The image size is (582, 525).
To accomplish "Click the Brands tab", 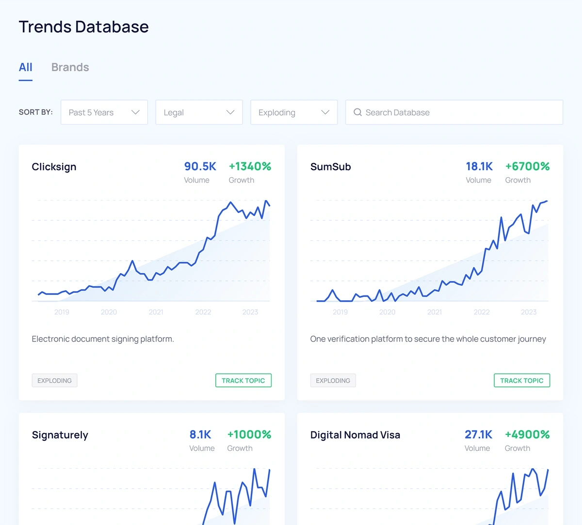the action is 70,67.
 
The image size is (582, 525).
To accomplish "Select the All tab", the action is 26,67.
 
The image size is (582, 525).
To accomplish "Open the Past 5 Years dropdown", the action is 104,112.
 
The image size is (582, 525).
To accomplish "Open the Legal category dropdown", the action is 199,112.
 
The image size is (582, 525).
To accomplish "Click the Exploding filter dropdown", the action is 294,112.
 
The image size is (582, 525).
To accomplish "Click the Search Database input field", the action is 454,112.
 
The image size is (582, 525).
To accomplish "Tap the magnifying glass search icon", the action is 358,112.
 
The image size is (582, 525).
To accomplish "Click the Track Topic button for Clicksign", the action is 243,380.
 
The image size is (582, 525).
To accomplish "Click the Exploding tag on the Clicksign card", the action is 54,380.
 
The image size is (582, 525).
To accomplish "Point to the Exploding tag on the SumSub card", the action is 333,380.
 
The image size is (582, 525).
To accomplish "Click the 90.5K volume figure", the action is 200,166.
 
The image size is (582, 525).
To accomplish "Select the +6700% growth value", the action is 528,166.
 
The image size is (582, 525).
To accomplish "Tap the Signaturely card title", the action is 60,435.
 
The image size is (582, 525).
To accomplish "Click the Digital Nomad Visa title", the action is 355,435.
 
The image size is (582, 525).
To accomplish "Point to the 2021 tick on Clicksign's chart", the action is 156,312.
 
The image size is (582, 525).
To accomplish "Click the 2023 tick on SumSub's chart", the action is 529,312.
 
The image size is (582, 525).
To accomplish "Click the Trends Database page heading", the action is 84,27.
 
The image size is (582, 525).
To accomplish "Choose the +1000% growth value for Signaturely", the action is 249,434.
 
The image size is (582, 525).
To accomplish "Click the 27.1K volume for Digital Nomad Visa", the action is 478,434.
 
